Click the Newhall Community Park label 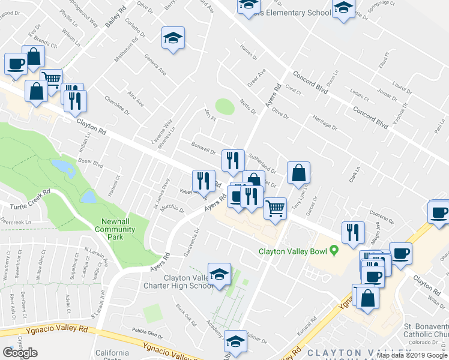115,229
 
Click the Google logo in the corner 20,353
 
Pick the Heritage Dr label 324,124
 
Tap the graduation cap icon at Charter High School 219,274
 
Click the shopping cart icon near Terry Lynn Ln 275,209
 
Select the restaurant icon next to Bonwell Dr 232,160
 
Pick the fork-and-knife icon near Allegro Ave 353,232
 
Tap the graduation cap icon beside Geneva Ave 173,39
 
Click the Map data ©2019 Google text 412,355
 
